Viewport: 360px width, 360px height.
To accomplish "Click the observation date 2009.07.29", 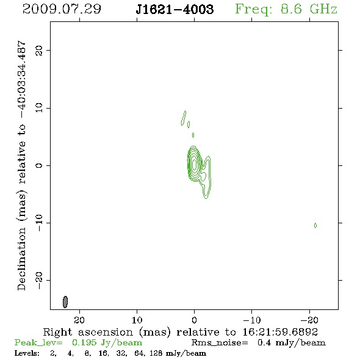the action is click(x=62, y=9).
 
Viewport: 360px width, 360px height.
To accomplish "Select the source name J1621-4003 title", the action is click(x=175, y=9).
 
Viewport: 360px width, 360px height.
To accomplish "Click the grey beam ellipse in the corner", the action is click(x=65, y=301).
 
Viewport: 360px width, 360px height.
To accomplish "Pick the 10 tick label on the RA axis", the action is click(x=137, y=320).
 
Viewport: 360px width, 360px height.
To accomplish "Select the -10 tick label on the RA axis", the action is click(x=252, y=320).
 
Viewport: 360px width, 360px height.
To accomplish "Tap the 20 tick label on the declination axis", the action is click(x=39, y=50).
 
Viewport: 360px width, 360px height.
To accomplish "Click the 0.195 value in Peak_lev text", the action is click(x=84, y=342).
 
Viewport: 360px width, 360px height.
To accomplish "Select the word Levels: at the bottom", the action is click(x=27, y=353).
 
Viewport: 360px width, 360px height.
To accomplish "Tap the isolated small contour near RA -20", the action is click(x=315, y=226).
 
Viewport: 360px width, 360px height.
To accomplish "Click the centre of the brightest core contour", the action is click(x=195, y=164).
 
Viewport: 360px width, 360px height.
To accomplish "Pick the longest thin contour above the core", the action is click(x=183, y=118).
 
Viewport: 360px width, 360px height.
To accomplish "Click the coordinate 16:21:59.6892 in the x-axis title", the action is click(x=280, y=332).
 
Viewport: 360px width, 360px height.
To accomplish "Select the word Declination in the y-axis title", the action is click(x=21, y=259).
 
